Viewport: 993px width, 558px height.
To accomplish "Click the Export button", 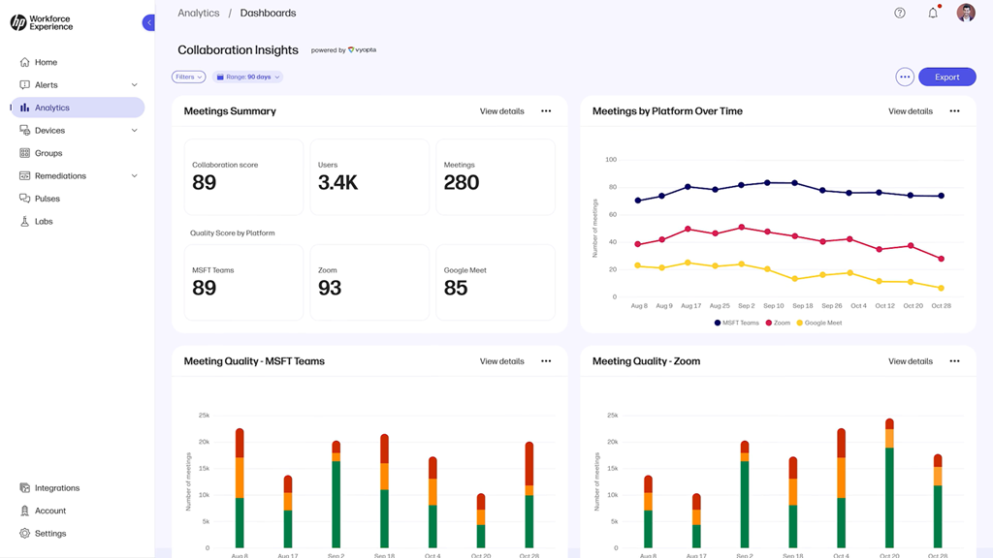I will click(946, 77).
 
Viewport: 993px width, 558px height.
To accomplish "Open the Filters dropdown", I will click(188, 77).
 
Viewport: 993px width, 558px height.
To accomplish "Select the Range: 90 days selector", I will click(247, 77).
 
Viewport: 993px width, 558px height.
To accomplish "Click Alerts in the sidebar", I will click(47, 85).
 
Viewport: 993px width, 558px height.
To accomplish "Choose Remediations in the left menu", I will click(60, 176).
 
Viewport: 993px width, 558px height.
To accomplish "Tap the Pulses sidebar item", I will click(48, 199).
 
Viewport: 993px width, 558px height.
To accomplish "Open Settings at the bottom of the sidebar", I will click(50, 534).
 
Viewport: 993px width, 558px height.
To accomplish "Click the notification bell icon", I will click(933, 14).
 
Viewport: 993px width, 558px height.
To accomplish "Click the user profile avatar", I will click(965, 13).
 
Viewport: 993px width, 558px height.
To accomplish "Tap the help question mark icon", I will click(900, 14).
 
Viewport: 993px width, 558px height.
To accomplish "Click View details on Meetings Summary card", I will click(501, 111).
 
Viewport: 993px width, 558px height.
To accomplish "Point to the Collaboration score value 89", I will click(205, 183).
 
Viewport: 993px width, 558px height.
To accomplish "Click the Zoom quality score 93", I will click(330, 288).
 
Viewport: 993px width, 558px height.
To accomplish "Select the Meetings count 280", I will click(462, 183).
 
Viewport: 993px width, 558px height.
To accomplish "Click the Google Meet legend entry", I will click(819, 323).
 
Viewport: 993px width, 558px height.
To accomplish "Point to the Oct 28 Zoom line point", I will click(941, 259).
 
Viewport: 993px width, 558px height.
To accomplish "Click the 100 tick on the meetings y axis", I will click(610, 160).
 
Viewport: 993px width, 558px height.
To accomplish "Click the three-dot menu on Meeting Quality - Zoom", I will click(954, 361).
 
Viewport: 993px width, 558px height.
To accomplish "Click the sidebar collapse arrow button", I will click(148, 22).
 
